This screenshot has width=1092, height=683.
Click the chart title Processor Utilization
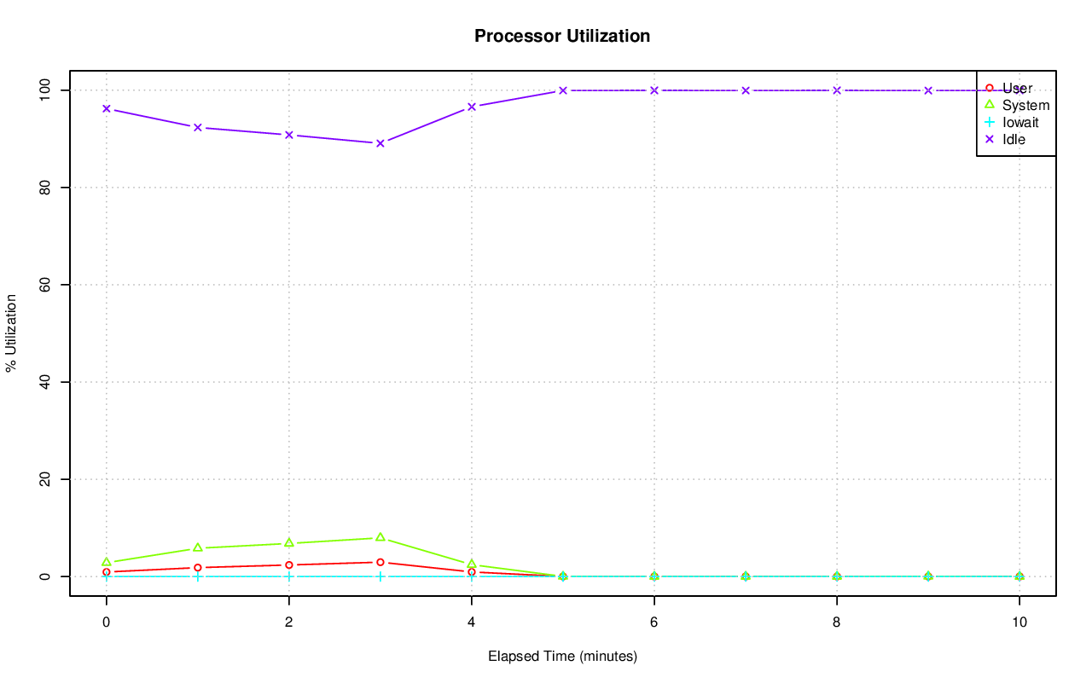point(562,36)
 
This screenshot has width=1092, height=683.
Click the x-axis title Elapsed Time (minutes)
point(562,657)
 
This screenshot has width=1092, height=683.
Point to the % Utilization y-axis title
point(11,333)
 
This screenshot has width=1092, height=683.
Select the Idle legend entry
point(1014,140)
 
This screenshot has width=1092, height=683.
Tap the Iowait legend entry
point(1020,123)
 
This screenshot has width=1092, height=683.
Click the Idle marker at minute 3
point(380,143)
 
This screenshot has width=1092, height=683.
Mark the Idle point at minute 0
point(106,109)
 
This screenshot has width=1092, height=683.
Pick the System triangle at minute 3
point(380,537)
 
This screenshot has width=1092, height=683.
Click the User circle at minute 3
point(380,562)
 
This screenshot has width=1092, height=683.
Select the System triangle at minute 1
point(197,547)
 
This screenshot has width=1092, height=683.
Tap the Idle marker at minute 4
point(472,107)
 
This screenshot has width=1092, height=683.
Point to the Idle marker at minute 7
point(746,90)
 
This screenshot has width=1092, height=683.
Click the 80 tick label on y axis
point(44,188)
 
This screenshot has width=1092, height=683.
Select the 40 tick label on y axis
point(44,382)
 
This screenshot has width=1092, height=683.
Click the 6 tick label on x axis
point(654,622)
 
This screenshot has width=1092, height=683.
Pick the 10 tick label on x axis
point(1019,622)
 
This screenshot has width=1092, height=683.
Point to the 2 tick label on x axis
point(289,622)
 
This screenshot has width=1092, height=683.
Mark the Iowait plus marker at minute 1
point(197,576)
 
